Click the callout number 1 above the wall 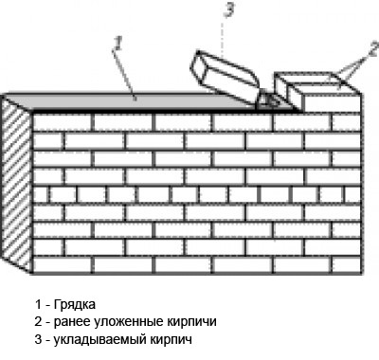coord(117,44)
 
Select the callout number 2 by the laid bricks coord(373,49)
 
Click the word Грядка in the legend coord(75,304)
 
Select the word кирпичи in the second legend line coord(191,322)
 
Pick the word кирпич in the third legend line coord(171,340)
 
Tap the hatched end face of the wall coord(16,183)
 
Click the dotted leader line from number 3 coord(224,36)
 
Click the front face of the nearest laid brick coord(331,101)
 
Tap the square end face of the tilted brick coord(199,68)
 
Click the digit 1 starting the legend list coord(38,304)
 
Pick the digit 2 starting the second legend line coord(38,322)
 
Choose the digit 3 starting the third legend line coord(38,340)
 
